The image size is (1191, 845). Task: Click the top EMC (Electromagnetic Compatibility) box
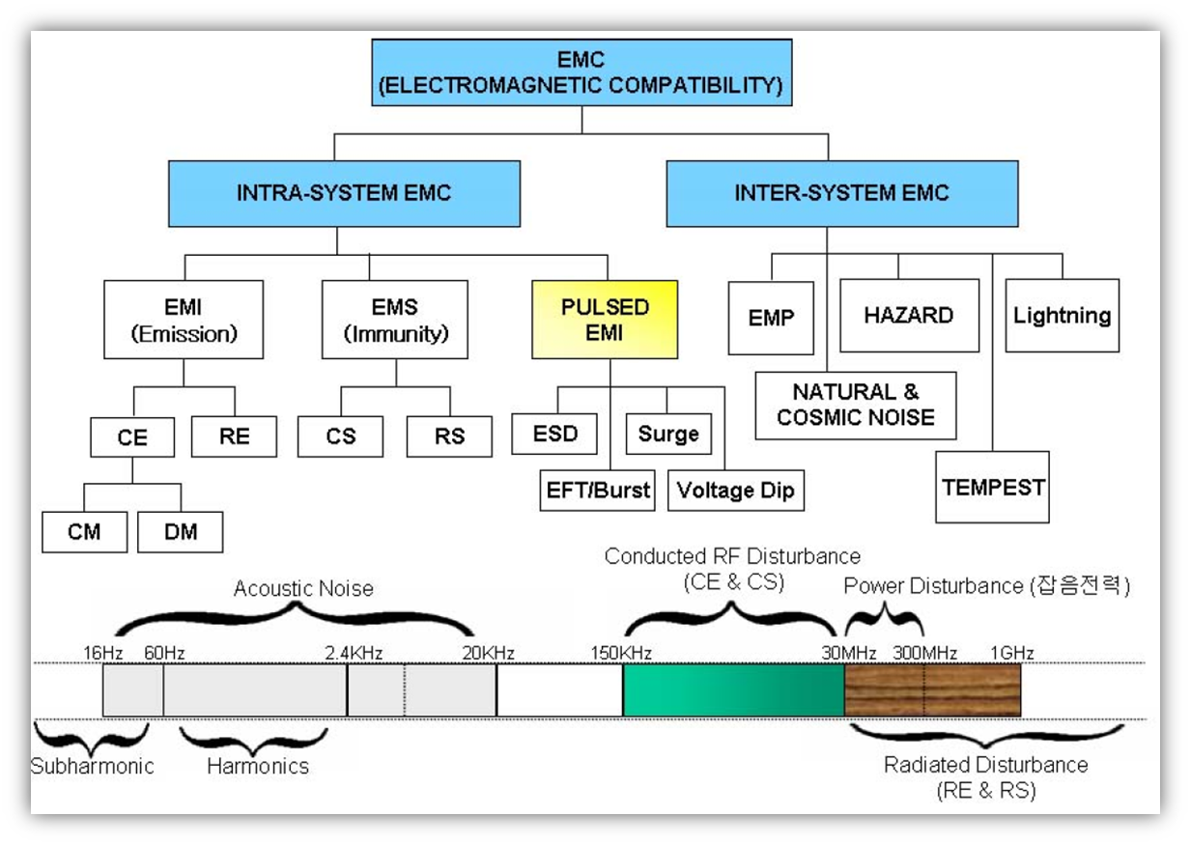(x=581, y=72)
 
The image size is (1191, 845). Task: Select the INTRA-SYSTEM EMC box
(x=343, y=193)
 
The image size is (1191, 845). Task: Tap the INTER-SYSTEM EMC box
(x=841, y=193)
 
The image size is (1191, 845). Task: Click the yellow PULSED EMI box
(x=605, y=320)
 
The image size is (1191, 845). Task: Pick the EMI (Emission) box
(x=183, y=320)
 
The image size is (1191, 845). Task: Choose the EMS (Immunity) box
(x=394, y=320)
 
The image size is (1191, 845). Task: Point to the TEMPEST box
(x=992, y=487)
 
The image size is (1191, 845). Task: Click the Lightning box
(x=1062, y=316)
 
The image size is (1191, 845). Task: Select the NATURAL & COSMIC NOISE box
(x=855, y=405)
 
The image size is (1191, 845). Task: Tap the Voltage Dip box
(x=735, y=491)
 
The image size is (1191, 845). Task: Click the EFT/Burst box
(x=596, y=491)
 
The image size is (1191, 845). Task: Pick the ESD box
(x=554, y=434)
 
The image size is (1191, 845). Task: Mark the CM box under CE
(x=84, y=532)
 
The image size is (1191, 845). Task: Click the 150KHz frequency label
(x=621, y=654)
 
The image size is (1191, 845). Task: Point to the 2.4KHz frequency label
(x=354, y=654)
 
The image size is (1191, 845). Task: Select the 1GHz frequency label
(x=1011, y=654)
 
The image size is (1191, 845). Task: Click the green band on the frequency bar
(x=732, y=690)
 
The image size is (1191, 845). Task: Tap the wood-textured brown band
(x=931, y=690)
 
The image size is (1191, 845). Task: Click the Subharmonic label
(x=92, y=767)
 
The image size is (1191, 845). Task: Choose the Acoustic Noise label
(x=302, y=588)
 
